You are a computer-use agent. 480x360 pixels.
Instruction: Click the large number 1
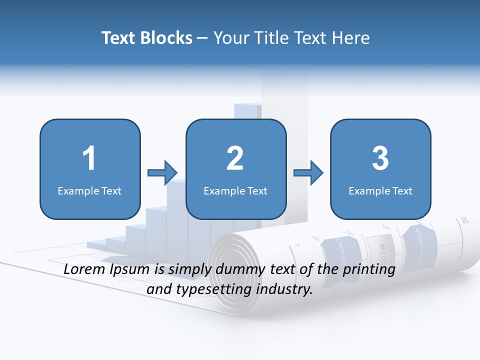click(x=89, y=158)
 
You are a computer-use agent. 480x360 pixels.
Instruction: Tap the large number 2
click(x=235, y=158)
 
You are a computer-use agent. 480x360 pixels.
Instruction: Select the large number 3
click(x=380, y=158)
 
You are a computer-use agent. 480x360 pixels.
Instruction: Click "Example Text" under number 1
click(x=89, y=190)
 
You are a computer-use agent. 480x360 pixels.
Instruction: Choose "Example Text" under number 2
click(x=235, y=190)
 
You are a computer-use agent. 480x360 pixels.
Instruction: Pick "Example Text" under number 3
click(x=380, y=190)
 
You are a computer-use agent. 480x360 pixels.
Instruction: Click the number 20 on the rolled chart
click(x=464, y=219)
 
